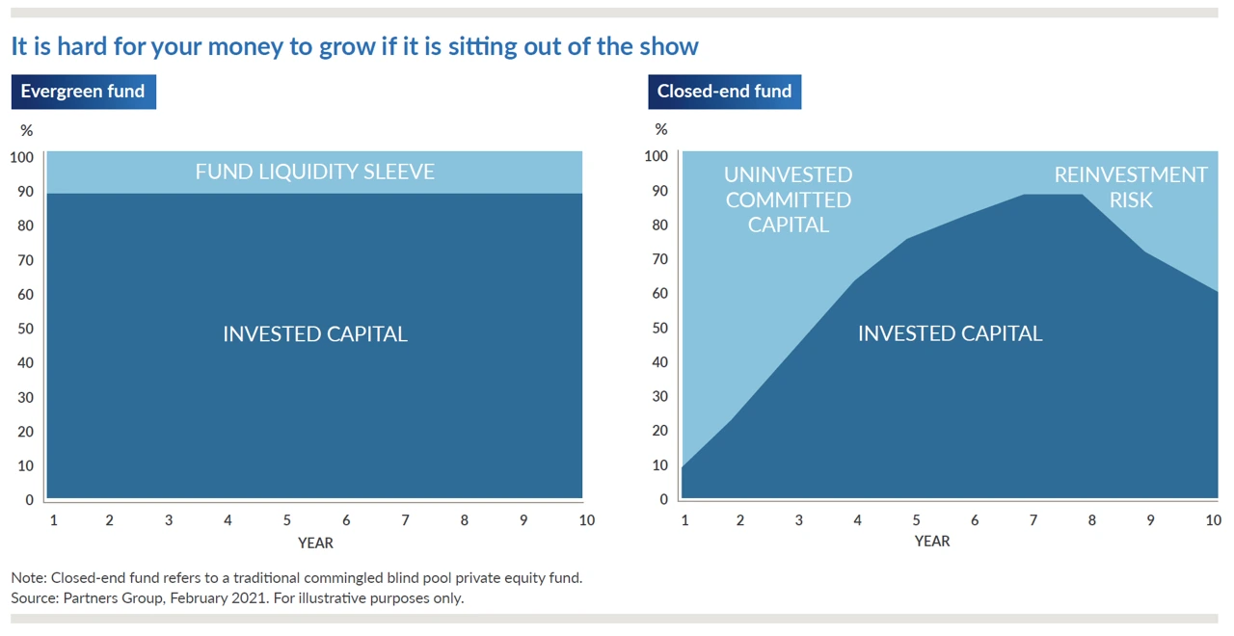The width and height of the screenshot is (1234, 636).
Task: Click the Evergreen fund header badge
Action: point(83,92)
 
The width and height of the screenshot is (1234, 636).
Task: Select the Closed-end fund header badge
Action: point(724,92)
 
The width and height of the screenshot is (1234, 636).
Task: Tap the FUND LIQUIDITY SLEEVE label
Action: point(314,172)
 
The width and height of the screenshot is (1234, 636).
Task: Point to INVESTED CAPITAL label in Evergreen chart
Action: point(314,334)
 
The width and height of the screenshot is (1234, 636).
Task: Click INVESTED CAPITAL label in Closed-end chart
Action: point(950,333)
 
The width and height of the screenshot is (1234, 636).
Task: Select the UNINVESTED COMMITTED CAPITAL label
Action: point(789,199)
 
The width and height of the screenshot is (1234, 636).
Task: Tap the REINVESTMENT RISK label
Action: point(1130,187)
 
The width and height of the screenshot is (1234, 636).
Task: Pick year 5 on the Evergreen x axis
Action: point(287,520)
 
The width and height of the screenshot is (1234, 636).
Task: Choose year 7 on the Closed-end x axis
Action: point(1033,520)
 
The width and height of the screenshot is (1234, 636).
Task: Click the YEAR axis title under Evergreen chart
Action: point(315,543)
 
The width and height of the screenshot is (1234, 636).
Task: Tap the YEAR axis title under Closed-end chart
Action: point(932,542)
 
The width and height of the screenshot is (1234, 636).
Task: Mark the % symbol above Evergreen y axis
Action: point(26,130)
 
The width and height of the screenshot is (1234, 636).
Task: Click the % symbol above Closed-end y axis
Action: point(660,129)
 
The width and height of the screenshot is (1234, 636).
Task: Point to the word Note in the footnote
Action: point(28,578)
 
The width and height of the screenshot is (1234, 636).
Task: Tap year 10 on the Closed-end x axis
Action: point(1213,520)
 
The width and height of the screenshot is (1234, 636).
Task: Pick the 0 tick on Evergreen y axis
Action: point(29,500)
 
